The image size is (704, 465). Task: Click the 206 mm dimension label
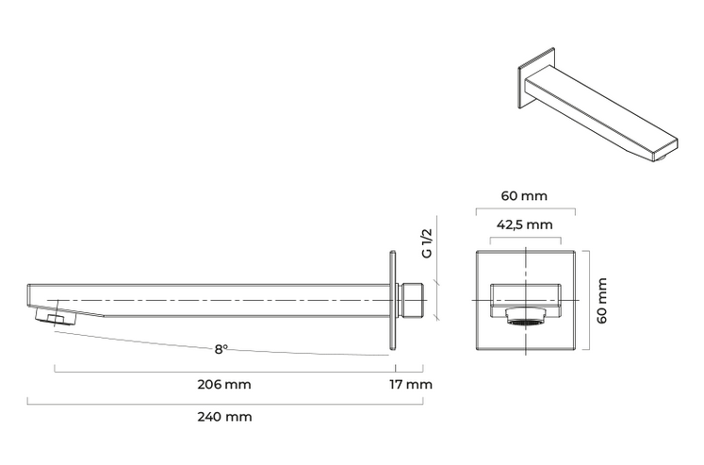coord(224,385)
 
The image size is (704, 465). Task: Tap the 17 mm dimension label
coord(411,385)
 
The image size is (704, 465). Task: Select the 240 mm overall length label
coord(224,417)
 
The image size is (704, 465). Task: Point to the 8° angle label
coord(221,349)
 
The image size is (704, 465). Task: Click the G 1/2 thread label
coord(427,243)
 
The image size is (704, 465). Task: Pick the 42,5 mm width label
coord(524,224)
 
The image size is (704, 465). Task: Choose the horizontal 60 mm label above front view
coord(524,196)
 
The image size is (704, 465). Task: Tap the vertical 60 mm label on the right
coord(602,300)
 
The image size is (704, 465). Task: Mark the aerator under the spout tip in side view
coord(57,315)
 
